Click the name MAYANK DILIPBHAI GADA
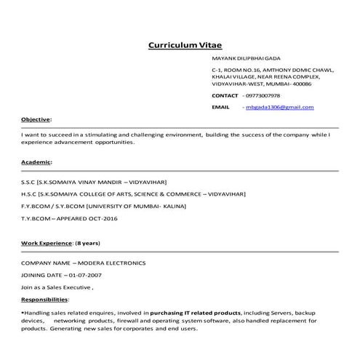[246, 57]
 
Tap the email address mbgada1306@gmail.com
[279, 107]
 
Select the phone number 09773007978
[263, 95]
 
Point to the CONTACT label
[225, 95]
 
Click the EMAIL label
[220, 107]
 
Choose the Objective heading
[36, 119]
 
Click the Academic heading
[36, 161]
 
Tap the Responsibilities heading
[44, 299]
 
